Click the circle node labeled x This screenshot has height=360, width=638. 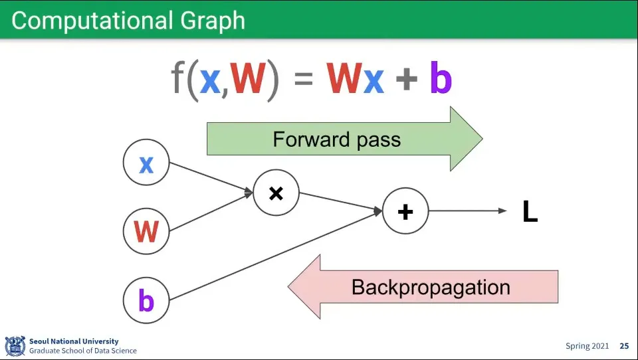[x=146, y=162]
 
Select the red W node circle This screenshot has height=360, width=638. [x=146, y=231]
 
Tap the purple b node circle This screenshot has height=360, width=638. [x=146, y=300]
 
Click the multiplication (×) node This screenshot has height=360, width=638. [x=276, y=193]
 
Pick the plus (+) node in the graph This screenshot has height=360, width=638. [x=405, y=211]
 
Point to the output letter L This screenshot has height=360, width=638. [x=530, y=211]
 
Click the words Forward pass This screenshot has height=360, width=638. [x=336, y=140]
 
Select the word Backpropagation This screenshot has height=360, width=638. [x=431, y=288]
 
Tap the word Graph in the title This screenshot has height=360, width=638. [x=213, y=21]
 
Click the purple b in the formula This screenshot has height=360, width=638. [x=441, y=78]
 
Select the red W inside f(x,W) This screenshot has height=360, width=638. [x=248, y=78]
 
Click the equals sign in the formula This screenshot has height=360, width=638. [x=304, y=79]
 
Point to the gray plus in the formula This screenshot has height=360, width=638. [x=407, y=79]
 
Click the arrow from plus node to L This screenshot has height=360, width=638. [x=468, y=211]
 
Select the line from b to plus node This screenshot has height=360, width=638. [x=275, y=256]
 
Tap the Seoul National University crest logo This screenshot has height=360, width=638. [x=15, y=346]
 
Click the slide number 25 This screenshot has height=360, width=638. [x=624, y=346]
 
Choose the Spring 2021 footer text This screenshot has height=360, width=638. [x=587, y=346]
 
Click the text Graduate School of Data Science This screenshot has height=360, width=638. [x=83, y=351]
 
